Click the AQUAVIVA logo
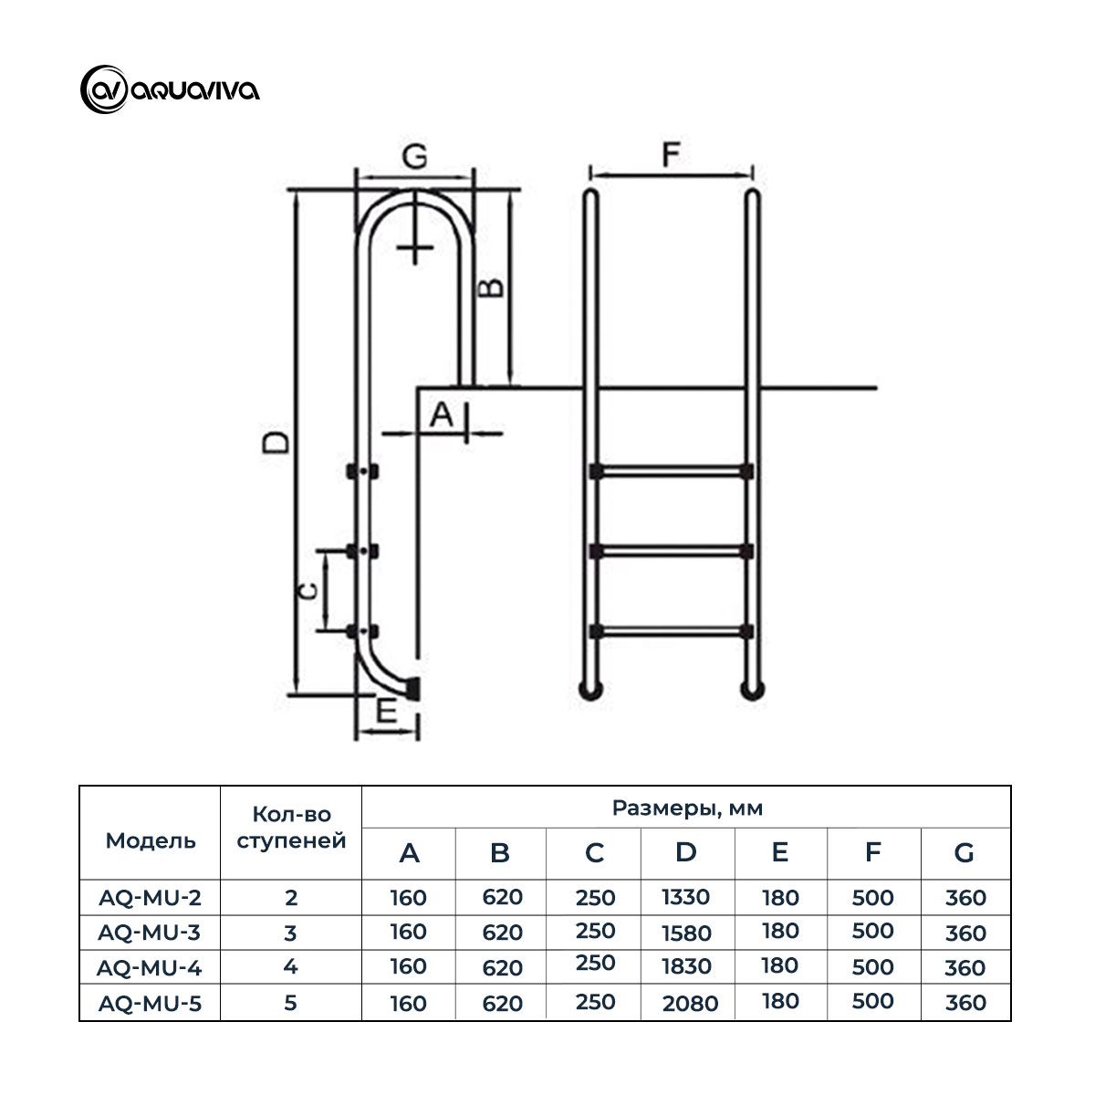(x=170, y=89)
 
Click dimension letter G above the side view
(x=414, y=157)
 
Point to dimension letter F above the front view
(x=671, y=155)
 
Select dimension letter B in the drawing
(x=492, y=287)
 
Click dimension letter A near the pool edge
(x=441, y=415)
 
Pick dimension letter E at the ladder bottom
(x=386, y=713)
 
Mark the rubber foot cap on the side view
(x=413, y=687)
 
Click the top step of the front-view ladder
(x=671, y=472)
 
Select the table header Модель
(x=151, y=840)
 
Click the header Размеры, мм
(x=686, y=808)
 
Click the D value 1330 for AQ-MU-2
(x=685, y=897)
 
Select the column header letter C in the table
(x=594, y=853)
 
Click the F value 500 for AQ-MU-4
(x=872, y=966)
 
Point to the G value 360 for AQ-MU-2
(x=965, y=898)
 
